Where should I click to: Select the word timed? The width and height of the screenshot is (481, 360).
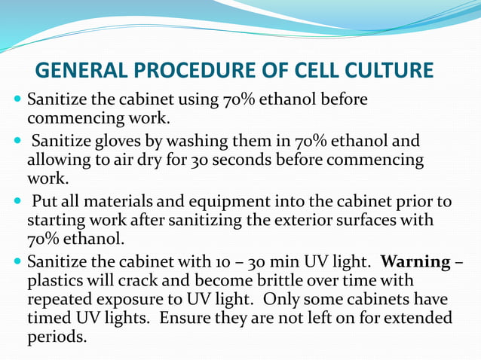pos(49,318)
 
